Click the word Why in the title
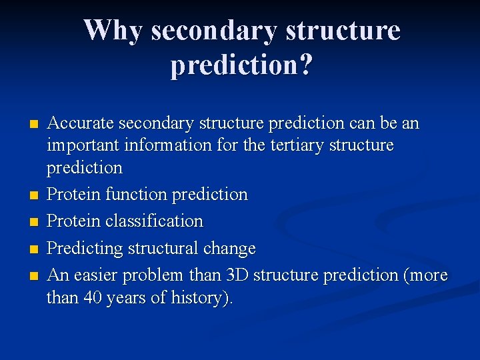pyautogui.click(x=114, y=30)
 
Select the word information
pyautogui.click(x=171, y=145)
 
